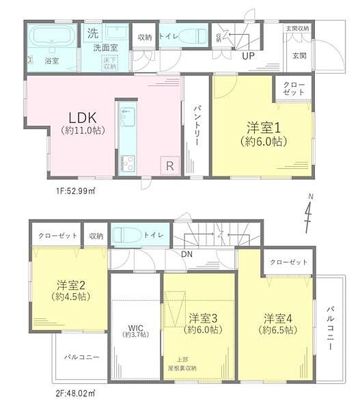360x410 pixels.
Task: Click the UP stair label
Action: point(247,57)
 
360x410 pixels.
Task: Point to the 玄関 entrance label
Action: point(299,55)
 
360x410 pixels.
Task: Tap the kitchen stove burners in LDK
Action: point(128,163)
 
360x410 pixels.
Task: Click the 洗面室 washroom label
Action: point(107,49)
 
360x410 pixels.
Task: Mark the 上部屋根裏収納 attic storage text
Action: point(182,364)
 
